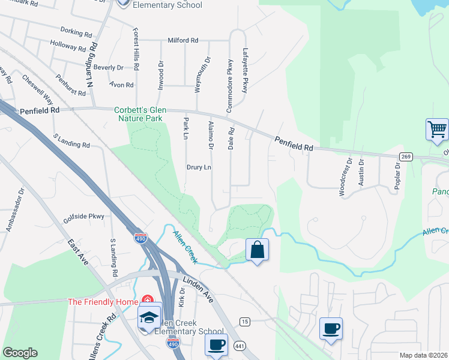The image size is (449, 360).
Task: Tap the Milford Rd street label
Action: [183, 40]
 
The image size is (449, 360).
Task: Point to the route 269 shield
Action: [406, 157]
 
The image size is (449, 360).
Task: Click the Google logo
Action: [20, 353]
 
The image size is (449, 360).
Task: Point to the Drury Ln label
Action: [199, 167]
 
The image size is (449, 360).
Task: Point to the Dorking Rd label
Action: [74, 30]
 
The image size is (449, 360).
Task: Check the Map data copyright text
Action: [423, 355]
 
